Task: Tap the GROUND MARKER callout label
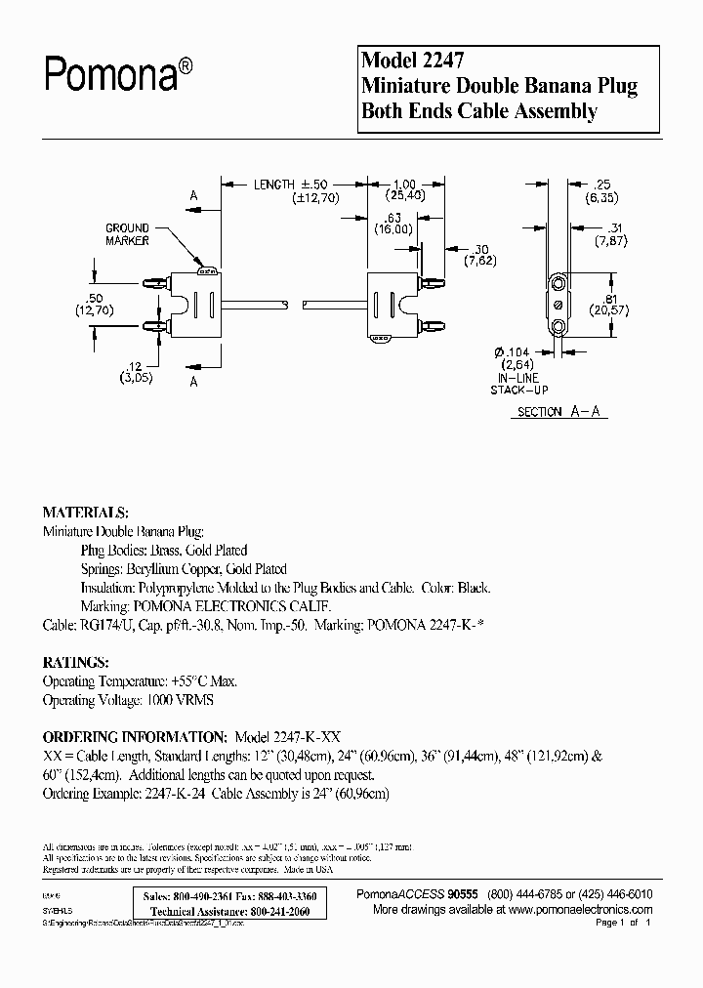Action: [128, 234]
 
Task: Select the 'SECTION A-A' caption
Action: [559, 412]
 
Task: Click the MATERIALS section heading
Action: [85, 513]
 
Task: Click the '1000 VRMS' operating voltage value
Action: [180, 700]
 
